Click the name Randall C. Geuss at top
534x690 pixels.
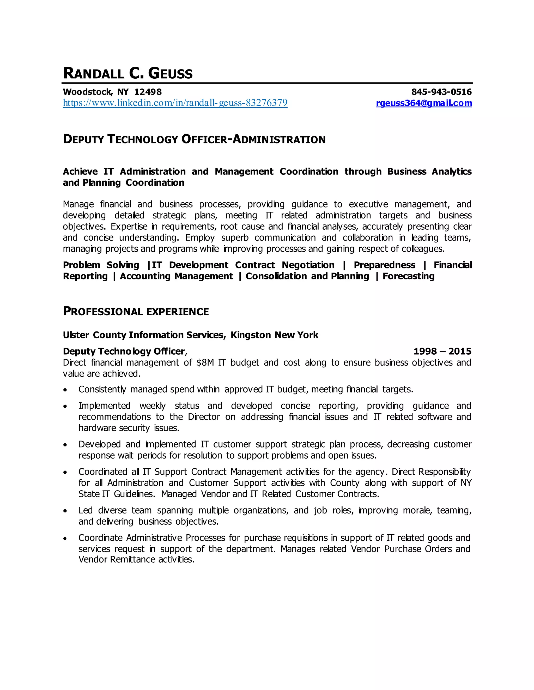click(128, 73)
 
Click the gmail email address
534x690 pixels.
click(424, 103)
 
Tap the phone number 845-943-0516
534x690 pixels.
click(441, 92)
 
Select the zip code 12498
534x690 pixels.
click(148, 92)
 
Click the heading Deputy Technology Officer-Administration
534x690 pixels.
click(194, 139)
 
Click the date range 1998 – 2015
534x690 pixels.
click(442, 351)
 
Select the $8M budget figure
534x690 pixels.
click(205, 362)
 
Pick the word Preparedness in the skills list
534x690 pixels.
click(384, 265)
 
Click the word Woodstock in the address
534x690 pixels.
click(87, 92)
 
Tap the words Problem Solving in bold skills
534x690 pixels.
click(101, 265)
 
